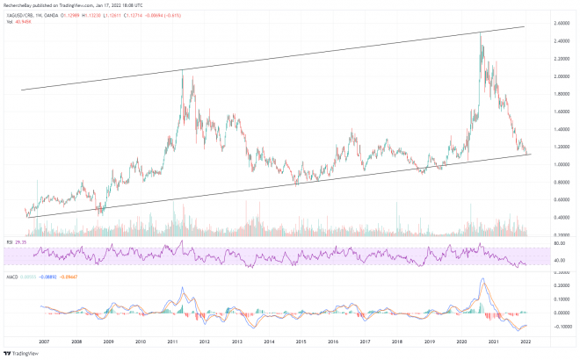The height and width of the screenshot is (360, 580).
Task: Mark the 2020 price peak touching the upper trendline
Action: point(480,34)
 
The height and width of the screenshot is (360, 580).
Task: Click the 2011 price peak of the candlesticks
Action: point(182,71)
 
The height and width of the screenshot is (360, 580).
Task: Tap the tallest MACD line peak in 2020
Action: point(482,279)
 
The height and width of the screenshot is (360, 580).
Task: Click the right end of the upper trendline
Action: point(525,26)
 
